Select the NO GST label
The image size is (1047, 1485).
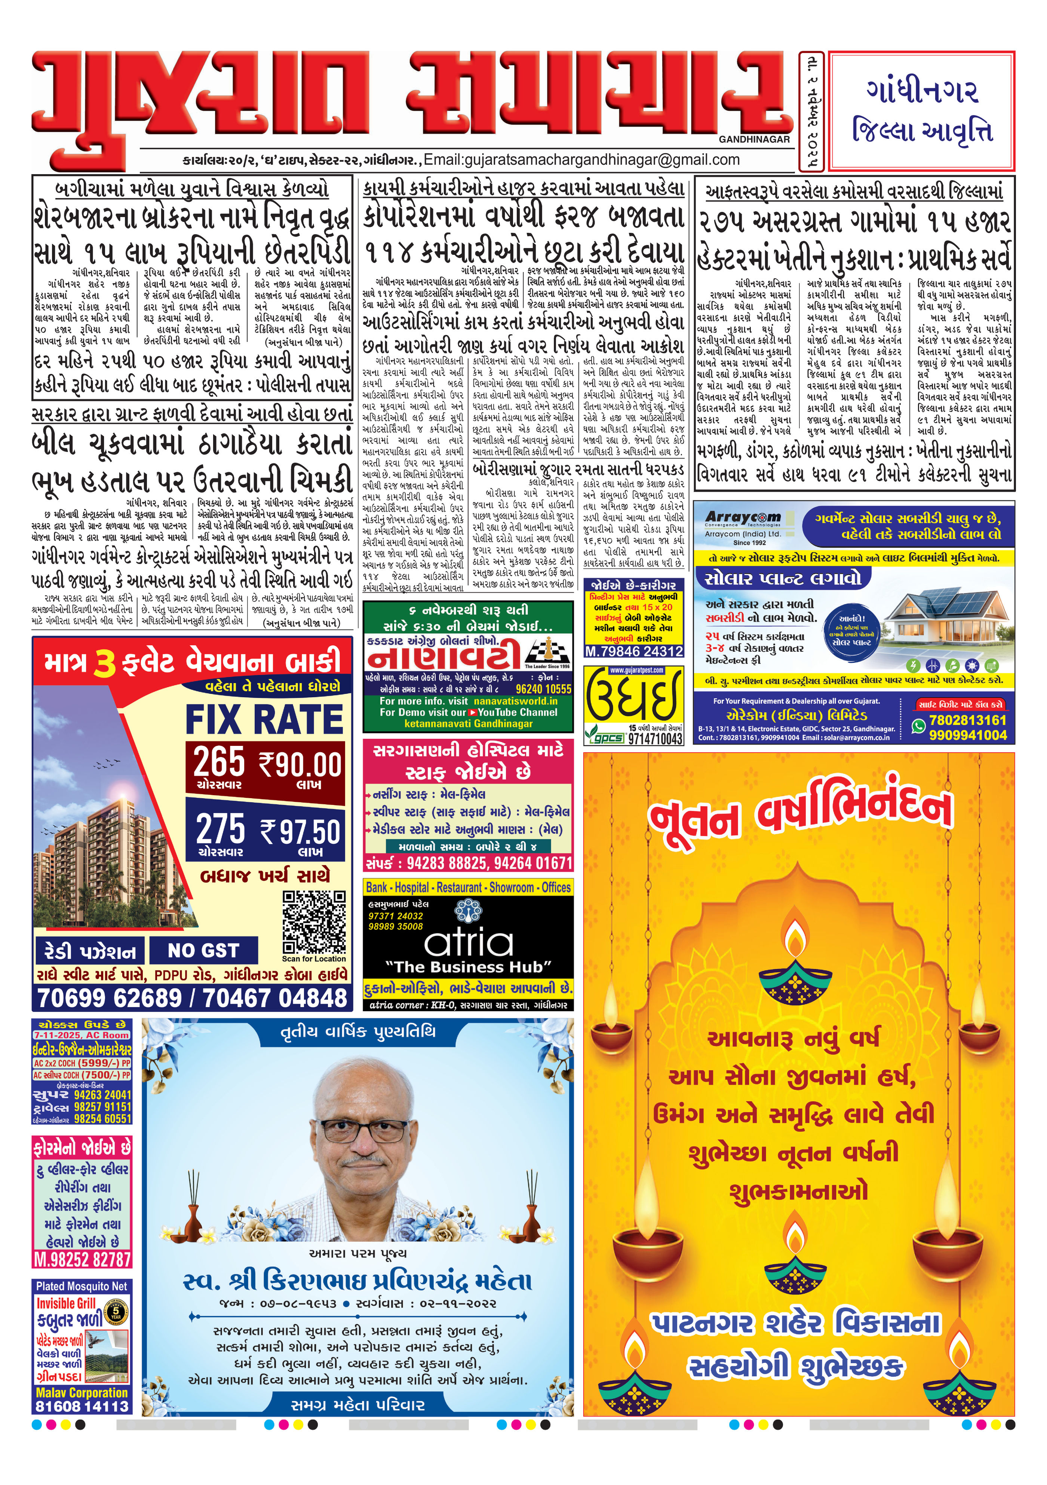tap(203, 951)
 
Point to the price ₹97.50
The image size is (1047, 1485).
tap(300, 832)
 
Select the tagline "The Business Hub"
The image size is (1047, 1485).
tap(469, 967)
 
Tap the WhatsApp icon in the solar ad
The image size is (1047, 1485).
tap(918, 726)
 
